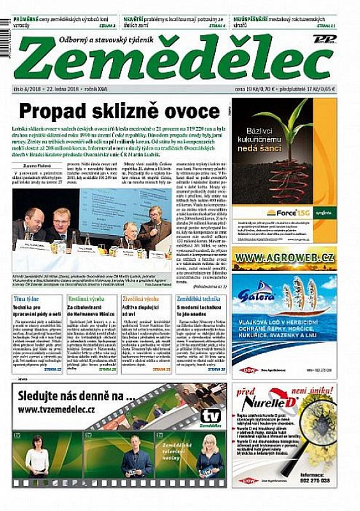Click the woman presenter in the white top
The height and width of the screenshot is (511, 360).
coord(38,457)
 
